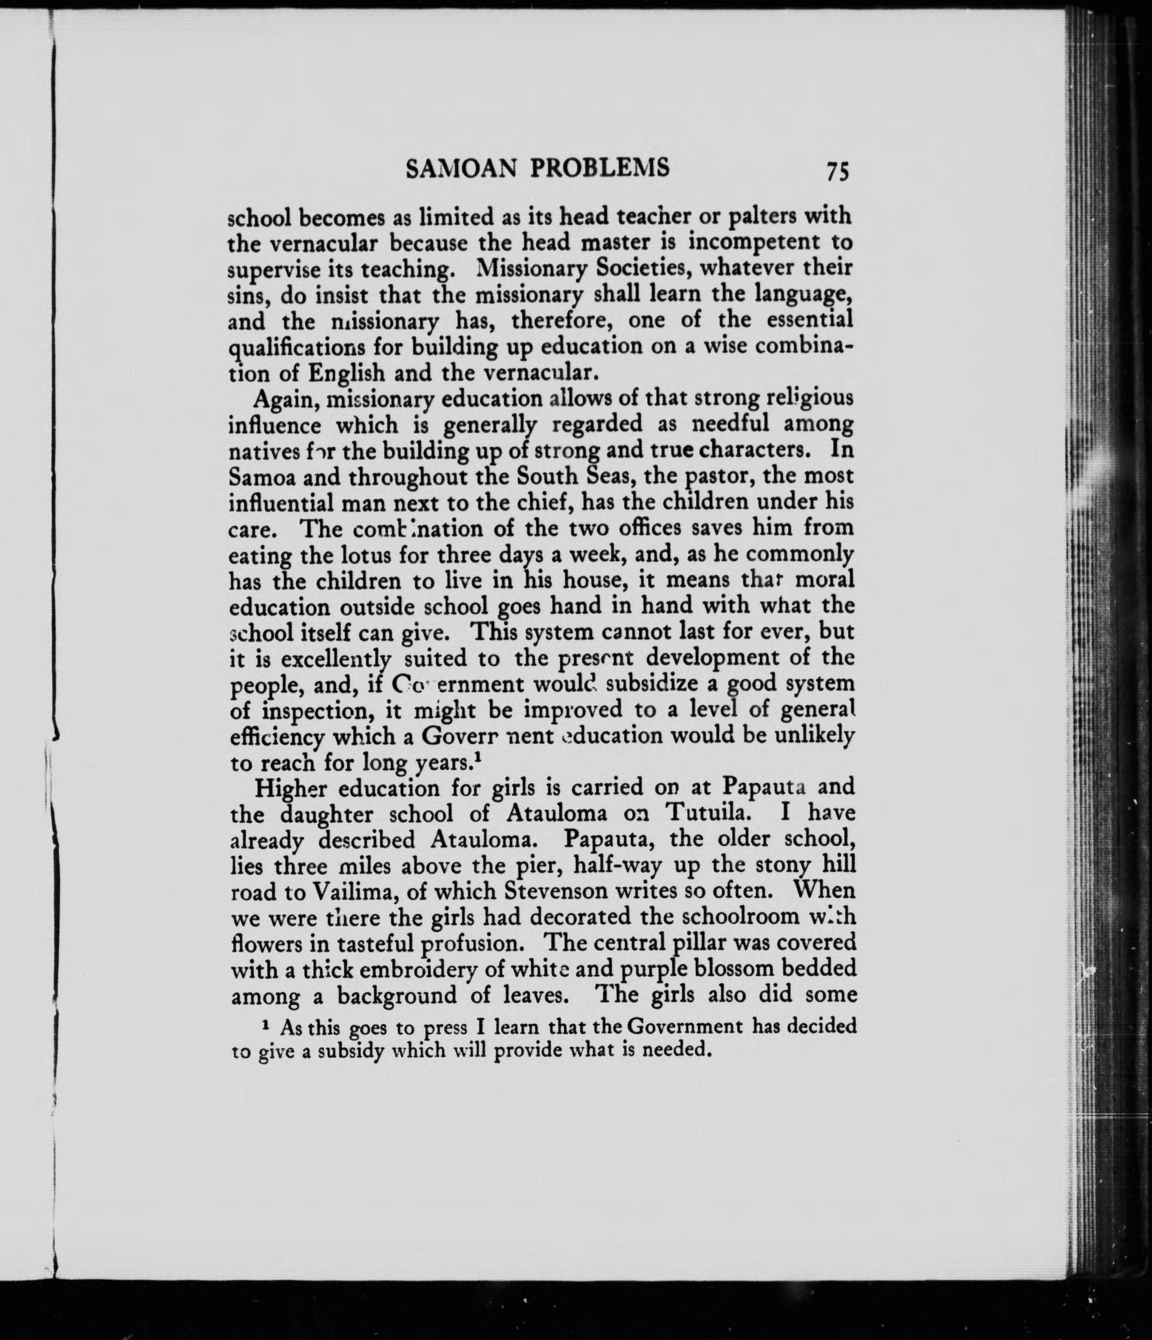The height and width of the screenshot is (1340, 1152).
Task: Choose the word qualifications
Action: click(295, 347)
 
